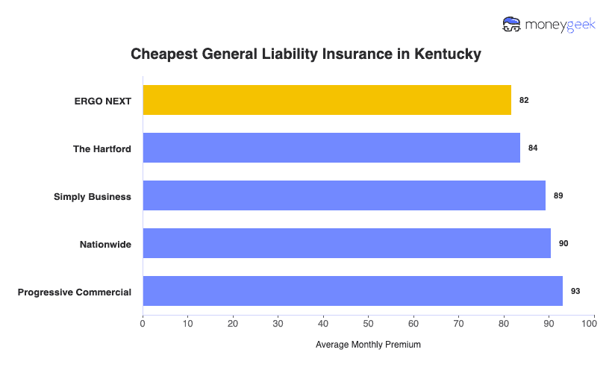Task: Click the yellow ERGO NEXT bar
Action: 327,100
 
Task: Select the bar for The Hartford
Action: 331,148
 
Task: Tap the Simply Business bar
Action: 344,195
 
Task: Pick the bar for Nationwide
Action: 346,243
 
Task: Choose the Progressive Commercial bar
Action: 352,291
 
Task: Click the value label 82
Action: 524,100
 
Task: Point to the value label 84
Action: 533,148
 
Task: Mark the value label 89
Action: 558,195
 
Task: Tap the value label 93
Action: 575,291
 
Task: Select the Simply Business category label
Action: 93,196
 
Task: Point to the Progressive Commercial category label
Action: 75,292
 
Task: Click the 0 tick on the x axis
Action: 143,324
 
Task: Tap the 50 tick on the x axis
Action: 368,324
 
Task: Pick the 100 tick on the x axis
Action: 593,324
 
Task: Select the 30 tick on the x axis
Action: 278,324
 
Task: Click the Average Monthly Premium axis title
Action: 368,345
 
